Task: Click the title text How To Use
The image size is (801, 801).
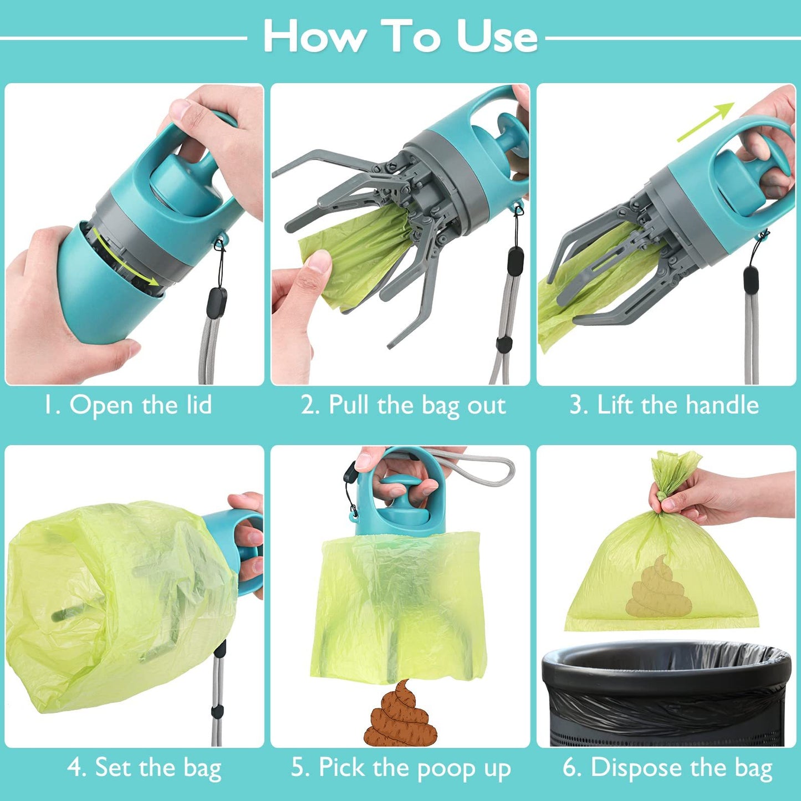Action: [400, 37]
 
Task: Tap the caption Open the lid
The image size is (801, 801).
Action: [129, 405]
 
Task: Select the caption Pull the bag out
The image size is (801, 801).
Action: [403, 405]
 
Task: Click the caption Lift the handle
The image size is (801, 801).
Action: [664, 405]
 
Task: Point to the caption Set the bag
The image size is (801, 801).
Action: [144, 768]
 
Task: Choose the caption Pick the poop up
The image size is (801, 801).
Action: [401, 768]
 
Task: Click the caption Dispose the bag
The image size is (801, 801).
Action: [668, 768]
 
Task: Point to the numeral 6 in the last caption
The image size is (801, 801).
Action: [570, 768]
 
